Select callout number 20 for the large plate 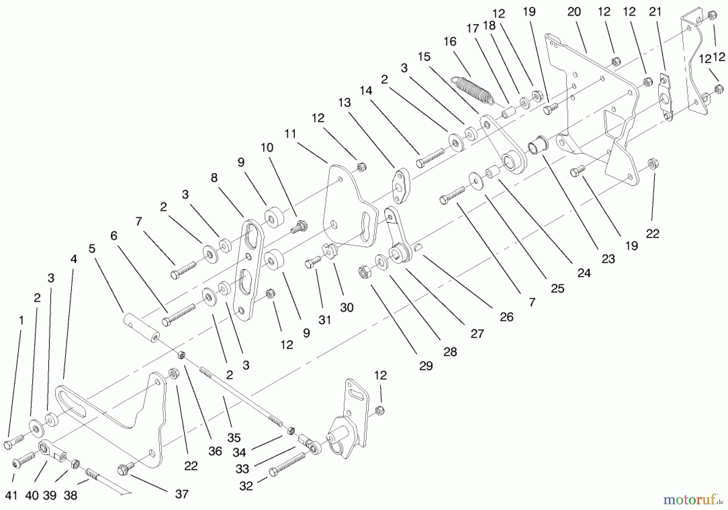coord(574,12)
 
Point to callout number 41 coord(11,495)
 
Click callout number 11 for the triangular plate coord(290,134)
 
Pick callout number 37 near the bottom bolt coord(182,494)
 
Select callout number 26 coord(506,317)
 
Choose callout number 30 coord(347,308)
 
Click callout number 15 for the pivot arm coord(424,57)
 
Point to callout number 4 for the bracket coord(73,259)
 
